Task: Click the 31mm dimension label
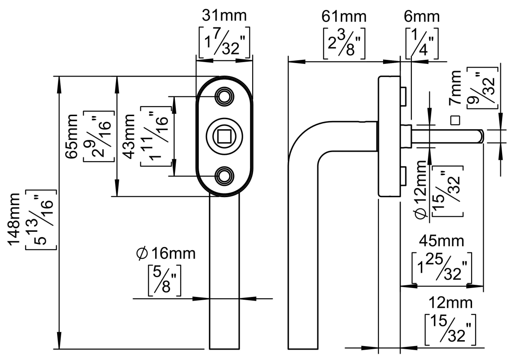tap(224, 16)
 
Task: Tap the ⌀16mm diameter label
tap(165, 254)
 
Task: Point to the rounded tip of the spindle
tap(481, 136)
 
